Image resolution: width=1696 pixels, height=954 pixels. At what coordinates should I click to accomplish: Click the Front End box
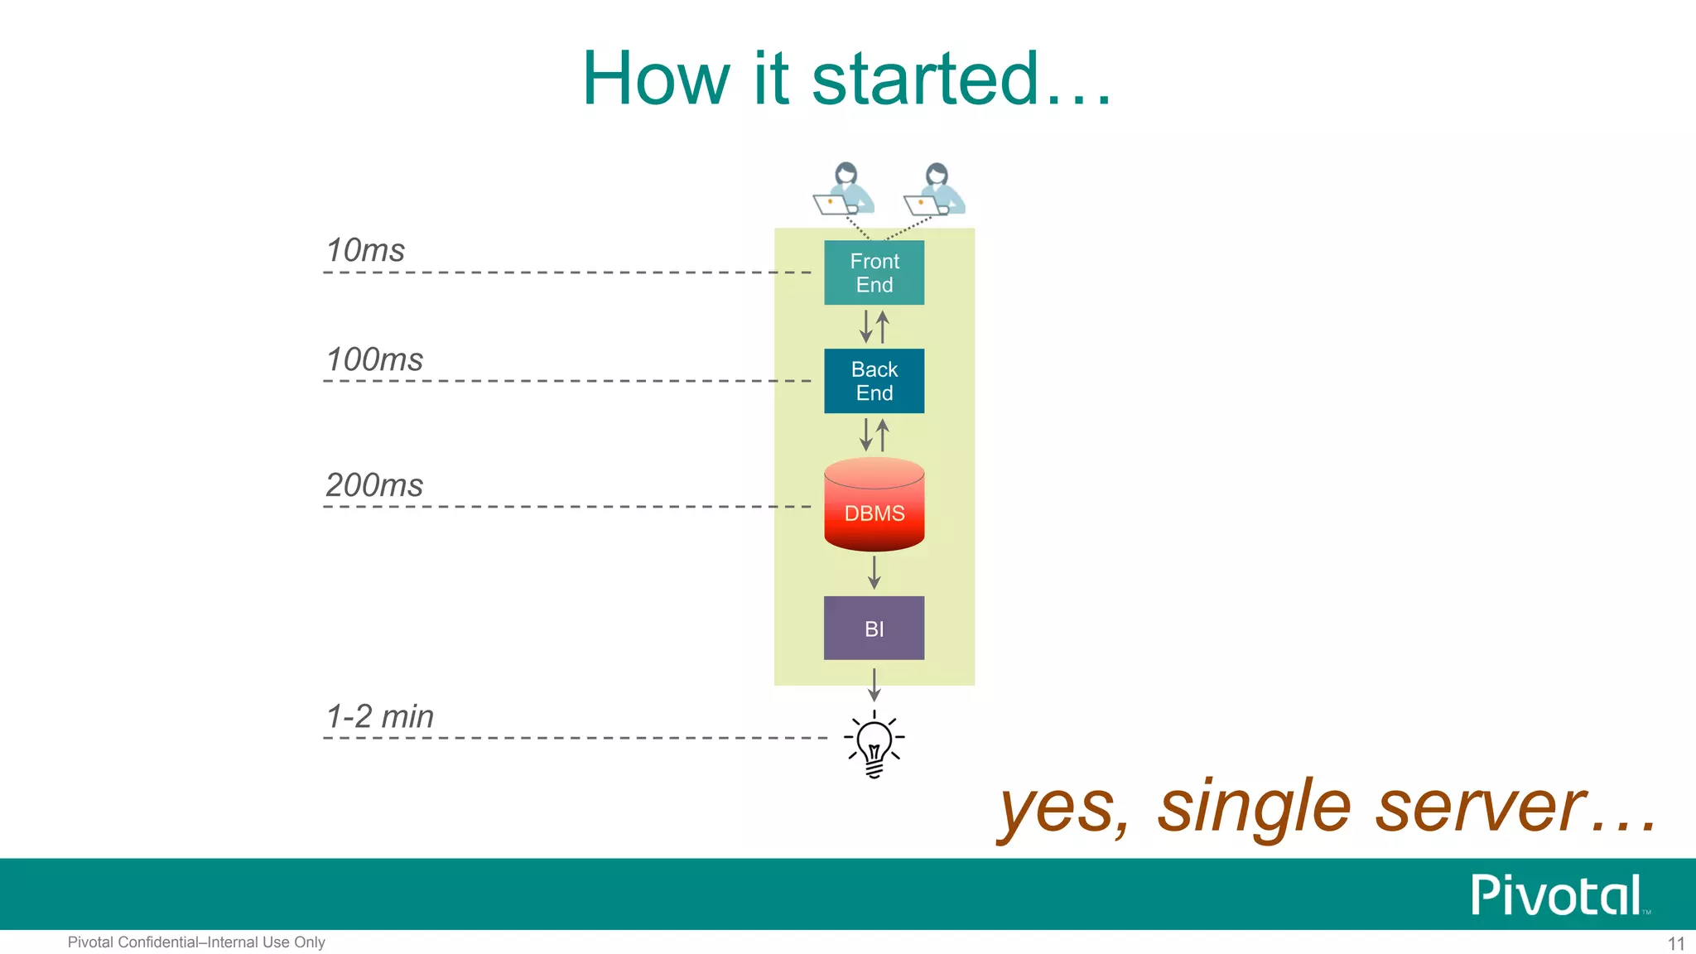[874, 272]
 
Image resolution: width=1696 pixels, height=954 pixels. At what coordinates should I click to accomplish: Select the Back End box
[874, 381]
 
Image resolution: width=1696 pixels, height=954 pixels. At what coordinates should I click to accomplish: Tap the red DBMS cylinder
[874, 506]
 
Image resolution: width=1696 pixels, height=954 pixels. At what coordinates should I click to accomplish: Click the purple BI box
[874, 628]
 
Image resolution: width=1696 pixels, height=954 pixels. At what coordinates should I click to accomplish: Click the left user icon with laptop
[844, 190]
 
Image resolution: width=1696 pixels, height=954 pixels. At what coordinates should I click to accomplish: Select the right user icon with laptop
[935, 190]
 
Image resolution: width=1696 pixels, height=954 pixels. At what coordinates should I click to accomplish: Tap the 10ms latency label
[365, 250]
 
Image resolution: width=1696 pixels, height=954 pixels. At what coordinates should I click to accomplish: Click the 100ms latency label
[374, 359]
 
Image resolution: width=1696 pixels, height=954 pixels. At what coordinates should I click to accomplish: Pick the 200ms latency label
[374, 484]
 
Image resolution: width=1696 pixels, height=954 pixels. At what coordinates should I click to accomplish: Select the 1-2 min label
[380, 716]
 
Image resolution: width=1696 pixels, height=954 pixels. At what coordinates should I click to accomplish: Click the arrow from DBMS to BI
[874, 572]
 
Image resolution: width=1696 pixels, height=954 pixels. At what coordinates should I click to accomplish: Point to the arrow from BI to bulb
[874, 684]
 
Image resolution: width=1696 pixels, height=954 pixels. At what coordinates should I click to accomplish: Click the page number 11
[1675, 944]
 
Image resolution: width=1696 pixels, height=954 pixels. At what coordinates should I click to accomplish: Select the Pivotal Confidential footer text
[196, 942]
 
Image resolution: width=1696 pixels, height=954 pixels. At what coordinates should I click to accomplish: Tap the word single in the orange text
[1254, 807]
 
